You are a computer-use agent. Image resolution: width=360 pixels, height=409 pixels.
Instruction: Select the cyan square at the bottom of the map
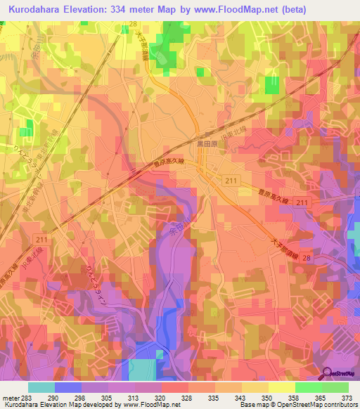[x=143, y=370]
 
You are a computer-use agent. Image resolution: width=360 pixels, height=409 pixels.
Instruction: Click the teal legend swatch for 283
[x=41, y=387]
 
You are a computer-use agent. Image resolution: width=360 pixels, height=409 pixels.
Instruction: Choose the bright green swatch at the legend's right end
[x=335, y=387]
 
